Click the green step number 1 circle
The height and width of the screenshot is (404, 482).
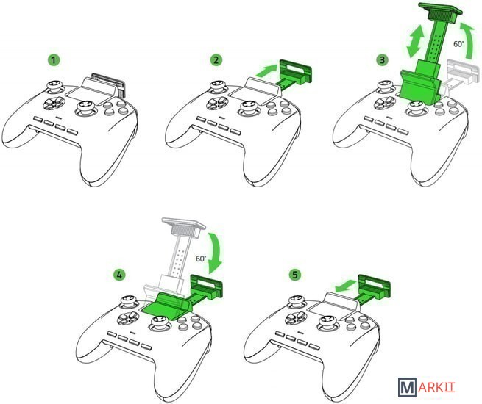coord(54,60)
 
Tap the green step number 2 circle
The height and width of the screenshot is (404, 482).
coord(216,60)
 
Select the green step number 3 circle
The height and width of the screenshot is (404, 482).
coord(383,60)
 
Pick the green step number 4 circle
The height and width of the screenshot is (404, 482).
coord(119,275)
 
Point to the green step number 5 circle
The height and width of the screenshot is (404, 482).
coord(295,275)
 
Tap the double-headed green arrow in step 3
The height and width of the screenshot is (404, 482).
coord(415,41)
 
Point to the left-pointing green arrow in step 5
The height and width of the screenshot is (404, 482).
coord(346,286)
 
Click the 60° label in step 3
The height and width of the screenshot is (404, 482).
coord(458,44)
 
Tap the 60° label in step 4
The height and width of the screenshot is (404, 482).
coord(201,259)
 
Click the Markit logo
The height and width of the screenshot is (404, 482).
coord(427,387)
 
